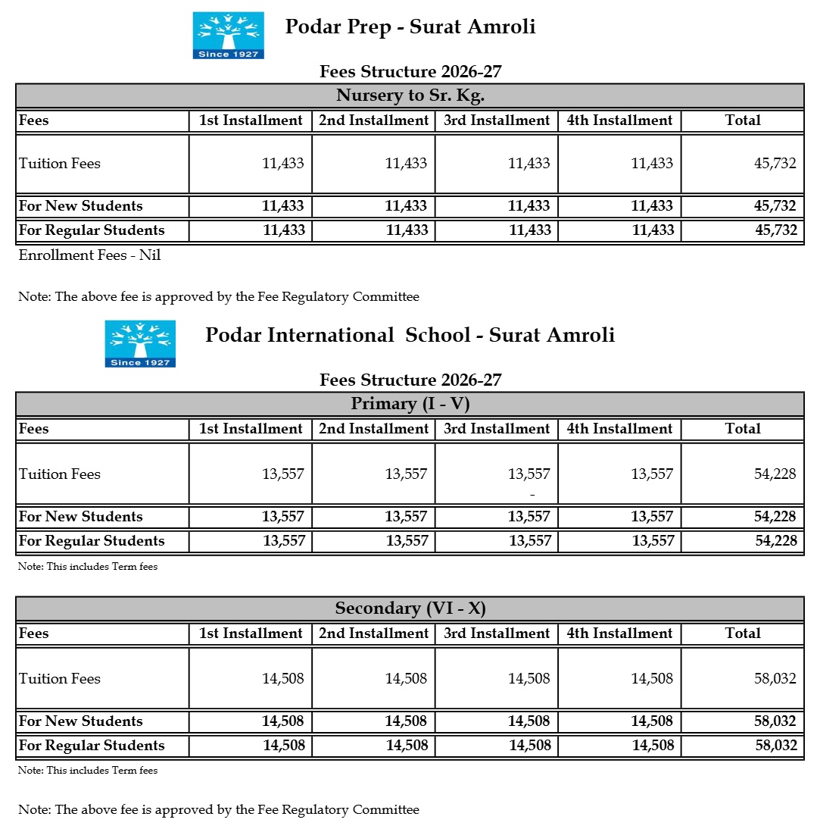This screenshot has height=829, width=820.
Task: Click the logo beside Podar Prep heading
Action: (x=228, y=35)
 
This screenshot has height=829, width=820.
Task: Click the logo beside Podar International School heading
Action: (x=140, y=343)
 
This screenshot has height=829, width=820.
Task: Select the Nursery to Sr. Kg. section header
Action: (x=410, y=95)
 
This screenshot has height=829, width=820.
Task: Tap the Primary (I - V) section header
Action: (x=410, y=403)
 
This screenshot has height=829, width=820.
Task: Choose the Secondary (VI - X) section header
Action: (x=410, y=608)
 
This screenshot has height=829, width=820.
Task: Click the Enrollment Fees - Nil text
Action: (x=90, y=255)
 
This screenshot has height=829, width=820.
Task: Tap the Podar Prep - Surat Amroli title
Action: (x=410, y=27)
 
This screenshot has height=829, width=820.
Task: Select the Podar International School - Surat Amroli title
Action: (x=410, y=335)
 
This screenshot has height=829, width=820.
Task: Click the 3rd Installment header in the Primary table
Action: (x=497, y=429)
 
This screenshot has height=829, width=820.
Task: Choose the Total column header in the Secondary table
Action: (x=742, y=633)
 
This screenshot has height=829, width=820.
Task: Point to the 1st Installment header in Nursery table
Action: (x=251, y=120)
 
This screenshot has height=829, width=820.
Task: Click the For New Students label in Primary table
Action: (x=81, y=517)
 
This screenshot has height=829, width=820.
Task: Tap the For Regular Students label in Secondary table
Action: (x=92, y=745)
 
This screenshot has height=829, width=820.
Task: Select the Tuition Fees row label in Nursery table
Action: (x=60, y=164)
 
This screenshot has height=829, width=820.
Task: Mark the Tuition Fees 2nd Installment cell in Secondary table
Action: (x=406, y=679)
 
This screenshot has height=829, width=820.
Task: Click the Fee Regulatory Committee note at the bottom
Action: (x=219, y=809)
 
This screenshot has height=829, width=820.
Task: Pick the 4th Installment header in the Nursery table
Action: (x=619, y=120)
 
